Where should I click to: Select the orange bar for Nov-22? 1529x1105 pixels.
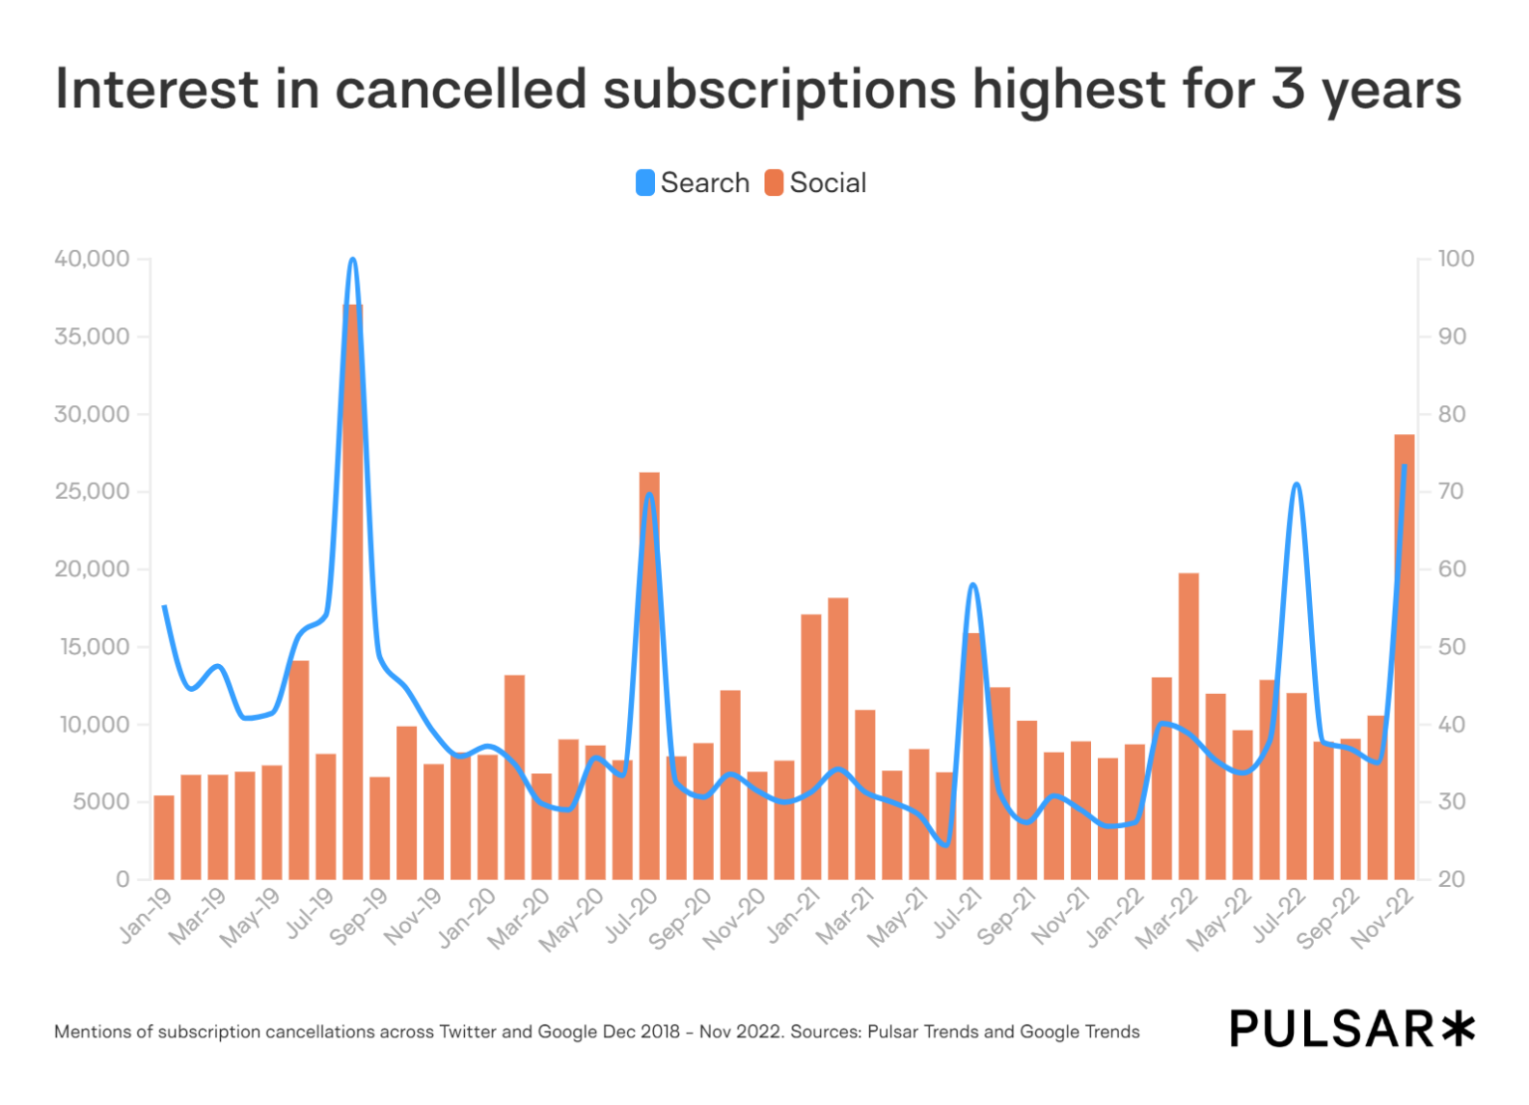pyautogui.click(x=1404, y=657)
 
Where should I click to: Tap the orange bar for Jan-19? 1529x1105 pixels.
pyautogui.click(x=164, y=837)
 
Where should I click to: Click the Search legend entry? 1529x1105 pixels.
pyautogui.click(x=693, y=183)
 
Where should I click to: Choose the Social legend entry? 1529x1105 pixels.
pyautogui.click(x=816, y=183)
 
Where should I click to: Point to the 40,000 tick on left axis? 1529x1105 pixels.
pyautogui.click(x=93, y=259)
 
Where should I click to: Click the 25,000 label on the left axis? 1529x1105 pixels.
pyautogui.click(x=93, y=492)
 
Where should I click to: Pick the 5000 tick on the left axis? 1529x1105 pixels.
pyautogui.click(x=101, y=802)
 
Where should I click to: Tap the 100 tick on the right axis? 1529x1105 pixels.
pyautogui.click(x=1455, y=259)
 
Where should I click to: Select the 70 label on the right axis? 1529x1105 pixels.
pyautogui.click(x=1451, y=492)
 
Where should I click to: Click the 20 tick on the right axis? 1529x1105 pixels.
pyautogui.click(x=1451, y=880)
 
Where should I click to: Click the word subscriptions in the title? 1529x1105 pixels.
pyautogui.click(x=779, y=90)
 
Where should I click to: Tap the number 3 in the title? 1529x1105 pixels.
pyautogui.click(x=1287, y=90)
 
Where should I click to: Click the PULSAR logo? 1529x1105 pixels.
pyautogui.click(x=1352, y=1029)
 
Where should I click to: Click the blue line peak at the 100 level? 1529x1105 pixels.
pyautogui.click(x=352, y=261)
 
